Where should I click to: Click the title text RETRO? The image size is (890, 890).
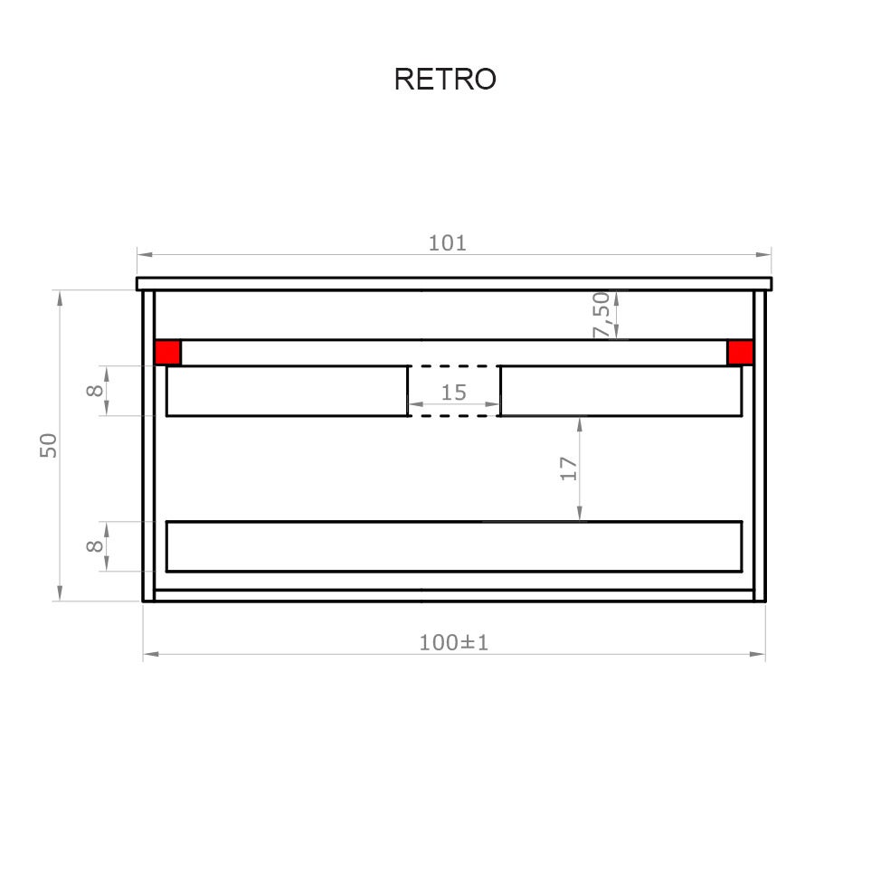445,80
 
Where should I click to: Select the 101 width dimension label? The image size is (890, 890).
447,242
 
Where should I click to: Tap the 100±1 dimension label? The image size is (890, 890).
453,642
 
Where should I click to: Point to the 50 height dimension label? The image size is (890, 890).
49,445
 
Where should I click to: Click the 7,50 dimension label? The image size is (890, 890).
601,315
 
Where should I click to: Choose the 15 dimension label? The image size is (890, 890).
453,393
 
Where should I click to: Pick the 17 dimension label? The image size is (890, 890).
568,468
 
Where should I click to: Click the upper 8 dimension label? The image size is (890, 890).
94,391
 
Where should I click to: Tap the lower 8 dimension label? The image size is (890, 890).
94,546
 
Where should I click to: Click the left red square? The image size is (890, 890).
167,353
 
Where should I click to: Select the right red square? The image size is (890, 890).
740,353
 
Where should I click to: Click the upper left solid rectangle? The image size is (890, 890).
287,391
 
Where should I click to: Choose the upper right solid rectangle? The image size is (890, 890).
620,391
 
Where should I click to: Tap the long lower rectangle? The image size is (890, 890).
453,546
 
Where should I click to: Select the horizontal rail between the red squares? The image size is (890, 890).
453,353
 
